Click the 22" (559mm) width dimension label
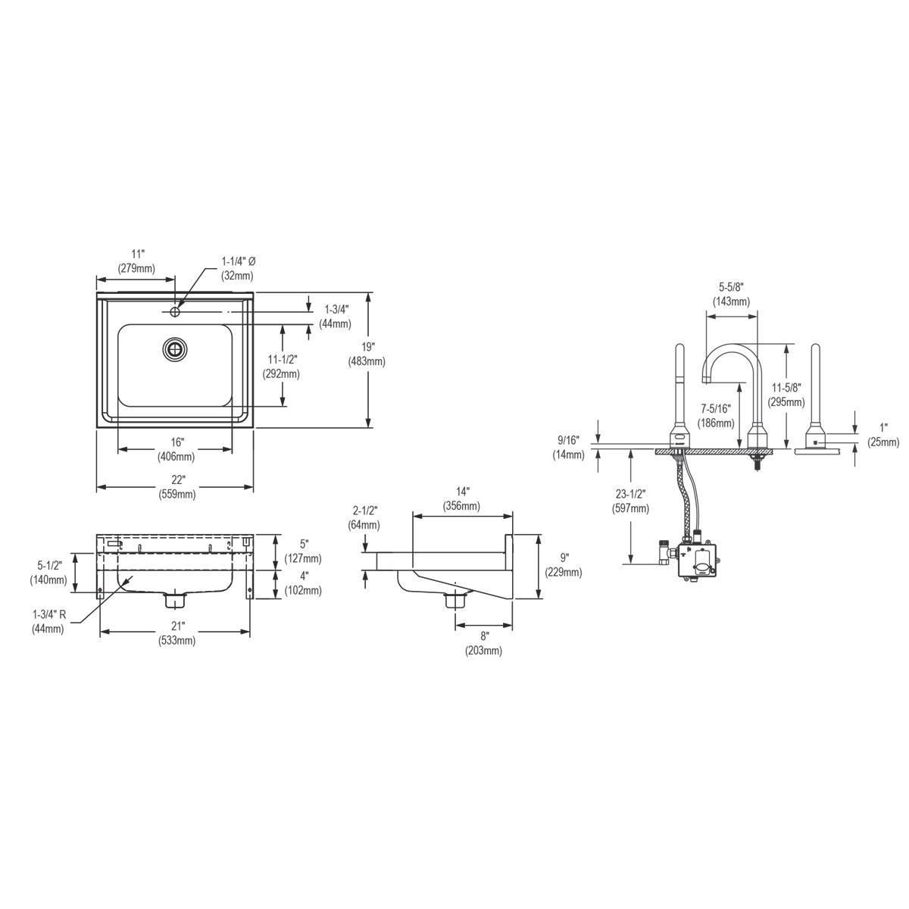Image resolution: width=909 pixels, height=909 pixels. [177, 486]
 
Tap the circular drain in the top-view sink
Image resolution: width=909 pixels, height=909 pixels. [175, 349]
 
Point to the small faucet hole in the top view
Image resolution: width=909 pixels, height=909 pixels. [175, 311]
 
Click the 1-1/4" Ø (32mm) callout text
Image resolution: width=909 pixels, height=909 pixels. [239, 268]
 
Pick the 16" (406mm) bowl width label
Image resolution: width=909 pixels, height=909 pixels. [176, 449]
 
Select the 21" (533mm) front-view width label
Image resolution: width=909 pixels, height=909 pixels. [177, 633]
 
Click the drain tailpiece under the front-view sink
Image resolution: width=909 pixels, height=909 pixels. [176, 601]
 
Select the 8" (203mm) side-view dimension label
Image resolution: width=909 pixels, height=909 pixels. [484, 643]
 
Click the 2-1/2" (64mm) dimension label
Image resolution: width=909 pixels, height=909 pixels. [364, 518]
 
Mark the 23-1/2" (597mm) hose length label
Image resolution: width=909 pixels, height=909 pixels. [630, 502]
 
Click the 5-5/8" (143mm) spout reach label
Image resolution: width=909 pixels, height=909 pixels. [731, 294]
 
